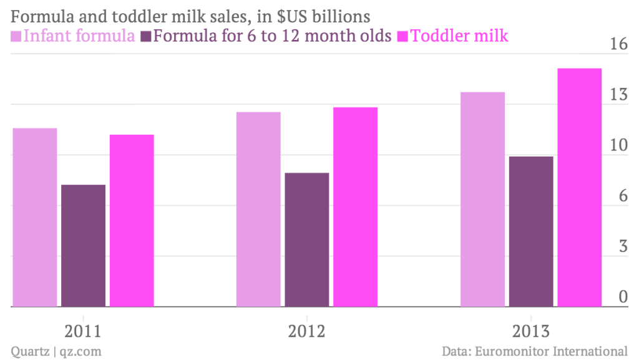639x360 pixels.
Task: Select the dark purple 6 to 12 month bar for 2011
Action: [83, 246]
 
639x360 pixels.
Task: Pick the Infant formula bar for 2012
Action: [258, 209]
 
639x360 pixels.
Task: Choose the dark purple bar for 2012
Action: [307, 240]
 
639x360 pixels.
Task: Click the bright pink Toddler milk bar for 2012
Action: [355, 207]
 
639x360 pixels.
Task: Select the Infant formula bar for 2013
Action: [482, 199]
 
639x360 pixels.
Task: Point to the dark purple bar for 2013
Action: [531, 231]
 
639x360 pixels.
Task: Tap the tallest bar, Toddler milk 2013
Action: [579, 187]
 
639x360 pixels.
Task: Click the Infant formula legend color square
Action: [17, 36]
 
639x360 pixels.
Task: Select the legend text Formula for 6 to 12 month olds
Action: [273, 36]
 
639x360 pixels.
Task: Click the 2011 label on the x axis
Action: [84, 331]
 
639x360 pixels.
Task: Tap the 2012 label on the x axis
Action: [307, 331]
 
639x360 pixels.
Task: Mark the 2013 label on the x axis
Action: [531, 331]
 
